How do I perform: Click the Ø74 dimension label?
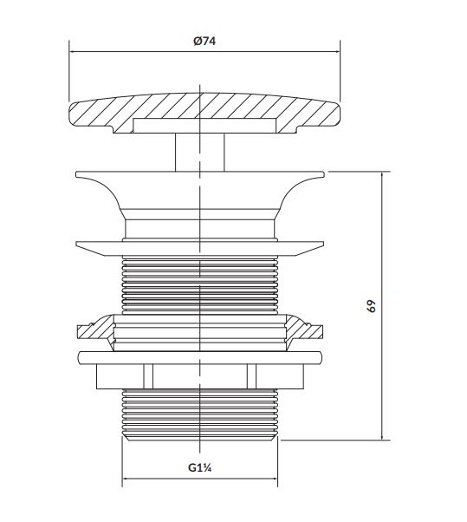coord(204,42)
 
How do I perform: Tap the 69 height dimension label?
coord(372,306)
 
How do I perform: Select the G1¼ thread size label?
coord(200,467)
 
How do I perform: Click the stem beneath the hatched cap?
coord(199,153)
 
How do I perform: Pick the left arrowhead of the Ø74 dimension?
coord(72,52)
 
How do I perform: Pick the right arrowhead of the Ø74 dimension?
coord(337,52)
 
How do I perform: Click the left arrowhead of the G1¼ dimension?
coord(126,479)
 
